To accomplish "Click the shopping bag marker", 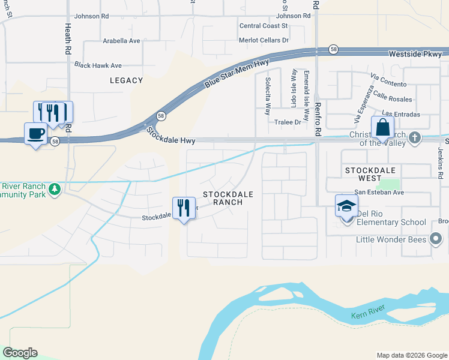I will coord(382,128).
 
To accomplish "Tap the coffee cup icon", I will coord(36,133).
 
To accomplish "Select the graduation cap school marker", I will coord(346,206).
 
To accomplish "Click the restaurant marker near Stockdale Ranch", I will coord(183,208).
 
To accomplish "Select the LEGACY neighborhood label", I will coord(127,80).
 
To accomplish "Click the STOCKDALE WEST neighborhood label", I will coord(372,174).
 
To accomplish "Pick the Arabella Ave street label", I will coord(121,41).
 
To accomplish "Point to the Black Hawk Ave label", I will coord(98,65).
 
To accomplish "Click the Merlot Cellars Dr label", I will coord(265,40).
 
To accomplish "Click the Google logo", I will coord(20,353).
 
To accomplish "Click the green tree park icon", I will coord(55,189).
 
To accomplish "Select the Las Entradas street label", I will coord(400,113).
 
